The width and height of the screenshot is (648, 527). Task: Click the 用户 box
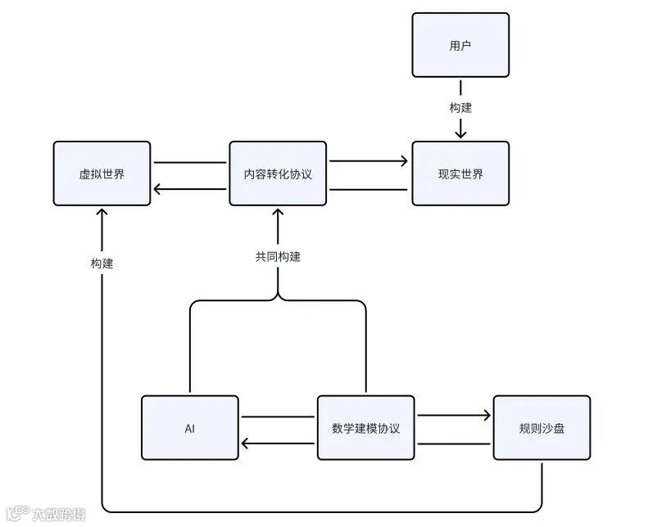460,45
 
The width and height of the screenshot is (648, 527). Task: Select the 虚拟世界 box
102,173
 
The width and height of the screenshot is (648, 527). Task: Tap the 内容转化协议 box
278,173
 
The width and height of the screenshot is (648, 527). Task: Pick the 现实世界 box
460,173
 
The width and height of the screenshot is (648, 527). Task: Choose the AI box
189,428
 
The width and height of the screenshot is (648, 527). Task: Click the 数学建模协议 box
365,428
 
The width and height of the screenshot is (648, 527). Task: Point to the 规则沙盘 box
542,428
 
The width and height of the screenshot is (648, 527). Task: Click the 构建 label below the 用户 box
460,107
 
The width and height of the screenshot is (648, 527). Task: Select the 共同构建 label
278,256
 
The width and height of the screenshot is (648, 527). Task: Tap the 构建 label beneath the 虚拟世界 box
102,263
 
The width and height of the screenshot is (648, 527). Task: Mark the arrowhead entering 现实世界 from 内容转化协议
404,161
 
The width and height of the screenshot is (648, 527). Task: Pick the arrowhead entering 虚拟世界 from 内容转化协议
158,190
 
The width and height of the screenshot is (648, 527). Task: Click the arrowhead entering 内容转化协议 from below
278,212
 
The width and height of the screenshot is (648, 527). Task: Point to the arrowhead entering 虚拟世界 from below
102,212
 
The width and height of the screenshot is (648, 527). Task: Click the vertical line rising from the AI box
190,352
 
